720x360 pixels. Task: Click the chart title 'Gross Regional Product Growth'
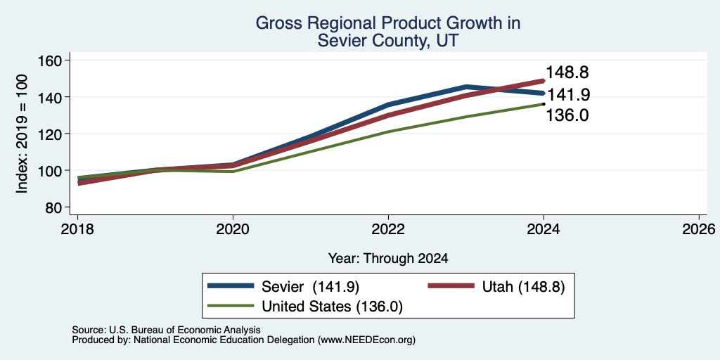coord(387,23)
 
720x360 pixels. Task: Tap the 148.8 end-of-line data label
coord(567,72)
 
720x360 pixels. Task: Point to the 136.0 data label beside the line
coord(567,115)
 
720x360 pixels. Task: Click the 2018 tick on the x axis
coord(77,229)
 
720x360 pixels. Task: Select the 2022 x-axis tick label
coord(388,229)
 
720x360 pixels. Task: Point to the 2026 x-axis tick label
coord(700,229)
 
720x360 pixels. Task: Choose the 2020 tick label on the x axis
coord(233,229)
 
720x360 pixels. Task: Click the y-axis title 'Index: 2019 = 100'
coord(22,134)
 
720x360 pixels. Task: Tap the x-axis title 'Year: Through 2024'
coord(388,259)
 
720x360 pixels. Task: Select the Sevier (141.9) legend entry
coord(283,287)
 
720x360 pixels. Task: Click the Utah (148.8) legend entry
coord(496,287)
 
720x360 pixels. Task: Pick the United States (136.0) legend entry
coord(305,307)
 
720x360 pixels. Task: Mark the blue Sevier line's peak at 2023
coord(466,86)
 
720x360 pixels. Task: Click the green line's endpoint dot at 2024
coord(544,104)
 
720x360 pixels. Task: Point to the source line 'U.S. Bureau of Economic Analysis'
coord(185,330)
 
